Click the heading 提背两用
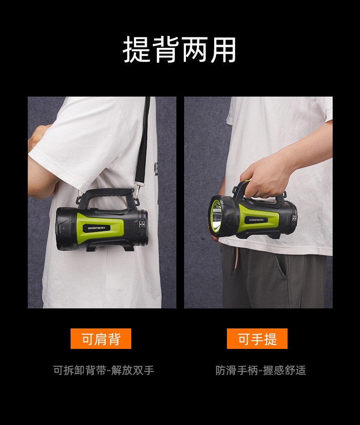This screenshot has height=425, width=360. [180, 50]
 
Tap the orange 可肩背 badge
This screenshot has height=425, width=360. [101, 338]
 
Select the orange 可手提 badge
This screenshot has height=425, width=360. [257, 338]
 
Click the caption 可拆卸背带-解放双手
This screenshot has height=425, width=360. [103, 370]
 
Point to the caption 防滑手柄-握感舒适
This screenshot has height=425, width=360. [261, 370]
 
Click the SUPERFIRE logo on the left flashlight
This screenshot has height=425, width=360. [99, 228]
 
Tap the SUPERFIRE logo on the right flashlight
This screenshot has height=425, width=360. [258, 220]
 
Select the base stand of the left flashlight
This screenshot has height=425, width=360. [110, 246]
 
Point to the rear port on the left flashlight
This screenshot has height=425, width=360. [142, 224]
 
